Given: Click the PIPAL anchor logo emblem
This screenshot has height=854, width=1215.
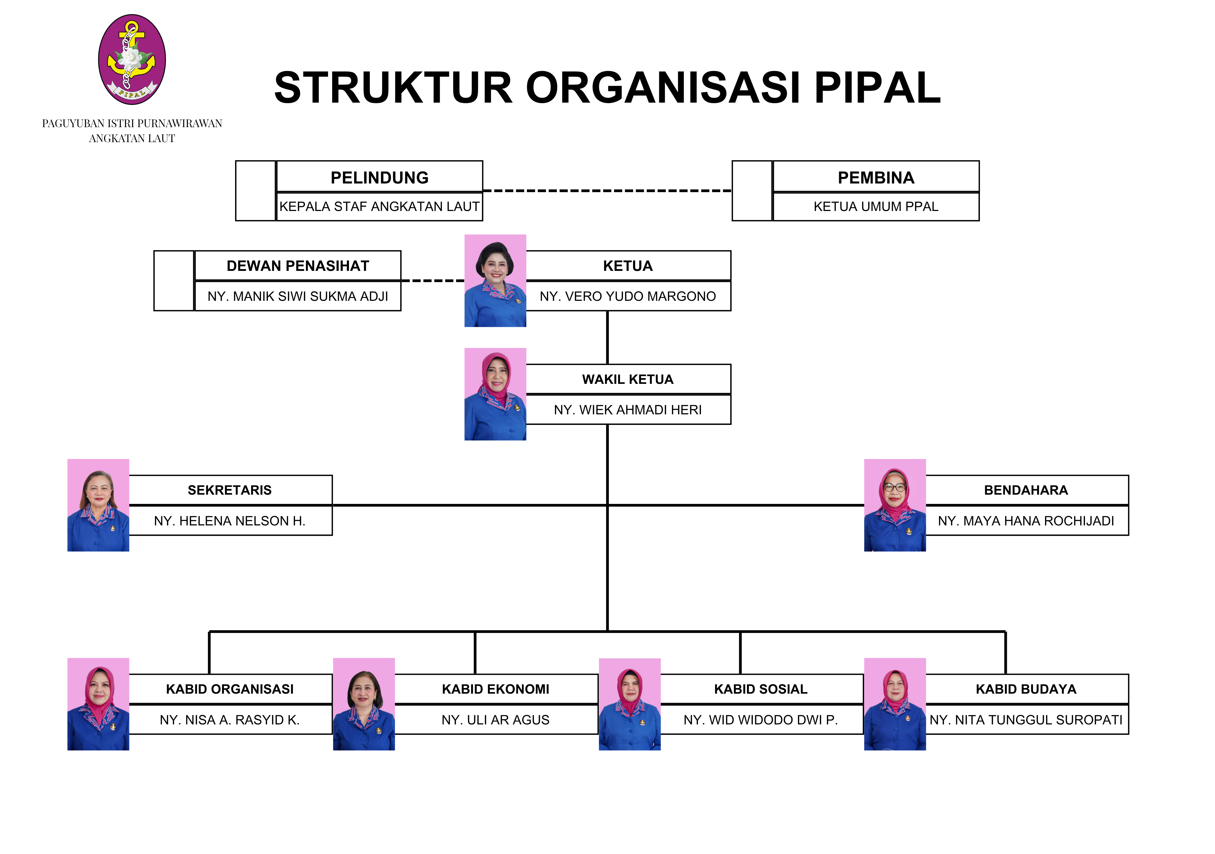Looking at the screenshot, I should tap(132, 59).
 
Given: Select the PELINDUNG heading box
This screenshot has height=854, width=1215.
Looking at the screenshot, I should tap(379, 177).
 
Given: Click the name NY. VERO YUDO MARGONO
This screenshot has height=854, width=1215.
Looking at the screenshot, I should tap(628, 296).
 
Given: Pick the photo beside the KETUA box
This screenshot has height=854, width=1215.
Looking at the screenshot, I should tap(495, 281).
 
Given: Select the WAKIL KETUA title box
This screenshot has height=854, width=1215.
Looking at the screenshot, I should tap(628, 379).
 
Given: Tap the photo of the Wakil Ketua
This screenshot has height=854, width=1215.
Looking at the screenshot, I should tap(495, 394).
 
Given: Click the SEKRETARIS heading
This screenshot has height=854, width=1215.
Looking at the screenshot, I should tap(230, 490).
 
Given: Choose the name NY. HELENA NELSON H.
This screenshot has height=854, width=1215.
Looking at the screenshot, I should tap(230, 521).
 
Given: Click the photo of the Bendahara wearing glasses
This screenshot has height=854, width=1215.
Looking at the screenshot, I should tap(894, 505).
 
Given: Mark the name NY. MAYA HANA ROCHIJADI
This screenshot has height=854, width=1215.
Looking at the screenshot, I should tap(1026, 521).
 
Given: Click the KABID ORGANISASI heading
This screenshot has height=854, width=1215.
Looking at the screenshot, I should tap(230, 689).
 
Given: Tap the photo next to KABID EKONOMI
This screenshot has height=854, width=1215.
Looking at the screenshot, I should tap(364, 704).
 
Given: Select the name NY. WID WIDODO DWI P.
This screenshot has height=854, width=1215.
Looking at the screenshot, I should tap(760, 720).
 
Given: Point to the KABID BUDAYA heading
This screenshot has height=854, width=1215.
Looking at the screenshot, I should tap(1026, 689).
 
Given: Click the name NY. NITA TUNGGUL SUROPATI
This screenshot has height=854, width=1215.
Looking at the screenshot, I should tap(1026, 720).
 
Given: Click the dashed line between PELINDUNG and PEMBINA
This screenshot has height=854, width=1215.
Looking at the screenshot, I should tap(607, 190).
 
